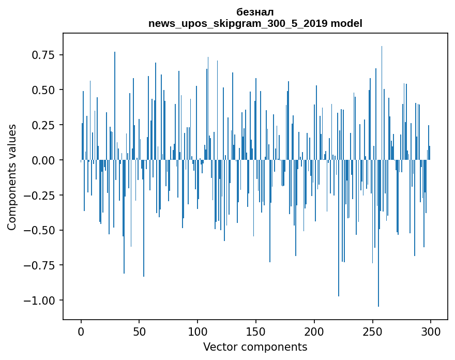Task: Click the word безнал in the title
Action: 255,12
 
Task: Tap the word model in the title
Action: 347,23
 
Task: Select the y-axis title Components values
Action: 12,177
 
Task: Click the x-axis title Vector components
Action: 255,347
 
